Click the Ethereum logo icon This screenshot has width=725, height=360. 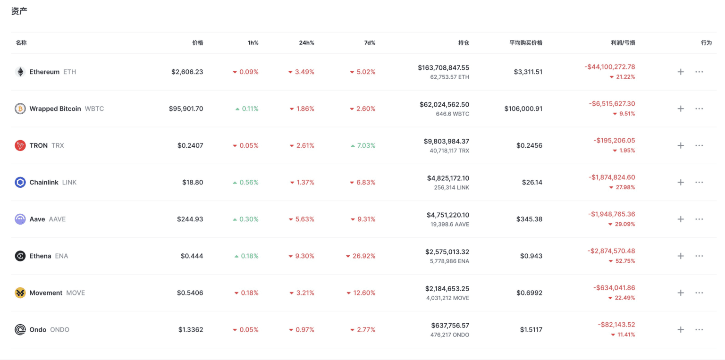pos(20,72)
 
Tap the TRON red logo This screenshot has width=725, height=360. pos(20,145)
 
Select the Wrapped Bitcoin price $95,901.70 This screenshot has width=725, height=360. pos(186,109)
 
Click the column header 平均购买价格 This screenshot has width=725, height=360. pos(525,42)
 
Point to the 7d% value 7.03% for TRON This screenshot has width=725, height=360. pos(366,145)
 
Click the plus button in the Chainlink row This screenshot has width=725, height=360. pos(680,182)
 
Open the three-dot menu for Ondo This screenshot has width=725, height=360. pos(699,330)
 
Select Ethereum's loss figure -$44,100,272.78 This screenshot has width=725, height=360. pos(609,67)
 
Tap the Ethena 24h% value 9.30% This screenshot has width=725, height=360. pos(304,256)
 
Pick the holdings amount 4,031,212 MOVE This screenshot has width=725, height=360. pos(447,298)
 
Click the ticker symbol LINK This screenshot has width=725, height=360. pos(69,182)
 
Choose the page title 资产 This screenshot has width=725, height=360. pos(19,10)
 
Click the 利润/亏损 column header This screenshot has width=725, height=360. pos(623,42)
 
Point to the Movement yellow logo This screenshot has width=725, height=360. pos(20,293)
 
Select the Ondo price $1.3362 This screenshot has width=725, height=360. pos(191,329)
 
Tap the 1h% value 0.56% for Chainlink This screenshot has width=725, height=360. pos(249,182)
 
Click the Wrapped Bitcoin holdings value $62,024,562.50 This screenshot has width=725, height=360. pos(444,104)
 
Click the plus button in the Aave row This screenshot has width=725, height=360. pos(680,219)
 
